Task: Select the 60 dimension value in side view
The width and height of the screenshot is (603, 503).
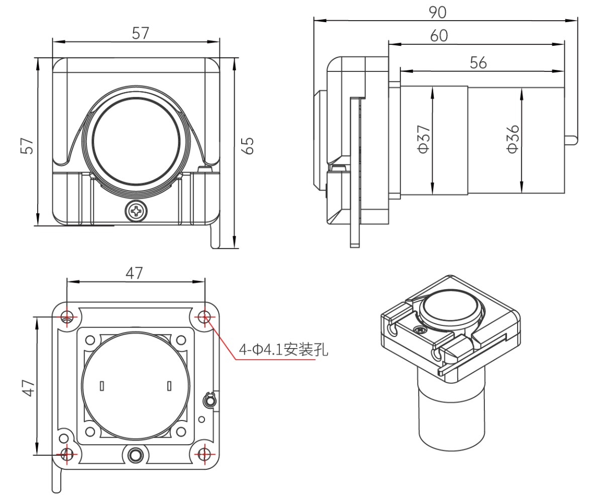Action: (x=439, y=36)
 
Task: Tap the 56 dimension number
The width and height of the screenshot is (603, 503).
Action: (x=478, y=62)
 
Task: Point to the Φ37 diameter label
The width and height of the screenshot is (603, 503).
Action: (x=423, y=139)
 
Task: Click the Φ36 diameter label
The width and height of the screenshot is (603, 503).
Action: (x=512, y=139)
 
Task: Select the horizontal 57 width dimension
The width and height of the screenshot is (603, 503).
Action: (x=141, y=33)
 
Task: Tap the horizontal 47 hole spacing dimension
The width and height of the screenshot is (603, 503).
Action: (x=134, y=273)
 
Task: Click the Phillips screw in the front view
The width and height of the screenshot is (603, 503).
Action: (x=136, y=211)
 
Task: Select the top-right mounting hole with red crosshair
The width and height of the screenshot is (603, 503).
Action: (x=204, y=317)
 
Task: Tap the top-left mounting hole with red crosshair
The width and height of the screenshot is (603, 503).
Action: (x=67, y=317)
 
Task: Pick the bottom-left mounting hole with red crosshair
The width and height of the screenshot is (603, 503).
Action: (x=67, y=454)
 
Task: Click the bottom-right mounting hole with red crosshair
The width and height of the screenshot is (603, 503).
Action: (x=204, y=454)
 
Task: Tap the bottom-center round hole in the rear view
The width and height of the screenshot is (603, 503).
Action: (x=135, y=455)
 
